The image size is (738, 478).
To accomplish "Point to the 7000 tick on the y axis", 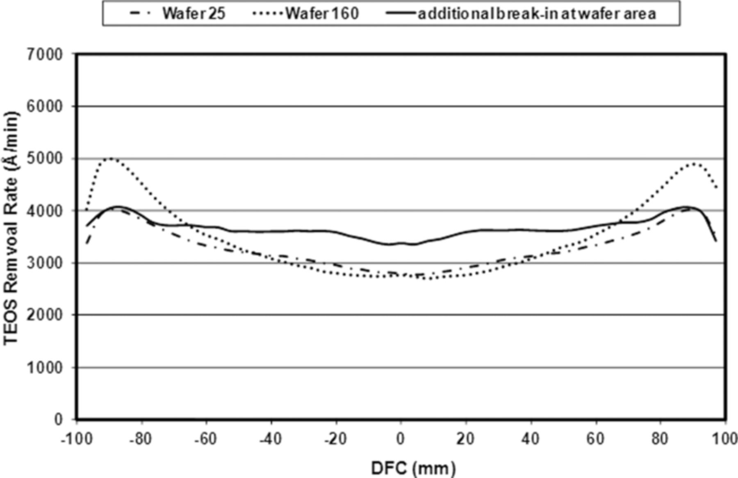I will click(x=45, y=54).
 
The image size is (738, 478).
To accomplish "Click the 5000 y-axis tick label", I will click(x=45, y=159).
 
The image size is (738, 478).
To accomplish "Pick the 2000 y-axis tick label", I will click(x=45, y=315).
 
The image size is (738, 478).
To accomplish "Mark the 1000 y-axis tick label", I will click(x=45, y=368).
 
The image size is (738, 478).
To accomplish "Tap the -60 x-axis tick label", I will click(x=205, y=439).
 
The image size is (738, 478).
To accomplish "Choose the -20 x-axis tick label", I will click(x=335, y=439).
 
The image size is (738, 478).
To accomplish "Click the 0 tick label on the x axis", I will click(x=401, y=439).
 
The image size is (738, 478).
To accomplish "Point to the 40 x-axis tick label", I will click(x=531, y=439).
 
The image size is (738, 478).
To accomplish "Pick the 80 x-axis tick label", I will click(x=660, y=439).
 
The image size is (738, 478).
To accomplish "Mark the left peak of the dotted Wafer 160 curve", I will click(x=110, y=158).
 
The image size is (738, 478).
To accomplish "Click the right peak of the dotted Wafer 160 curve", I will click(x=693, y=163).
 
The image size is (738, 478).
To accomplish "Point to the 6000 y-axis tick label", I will click(x=45, y=107).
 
